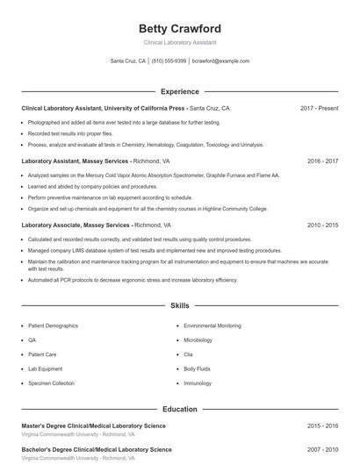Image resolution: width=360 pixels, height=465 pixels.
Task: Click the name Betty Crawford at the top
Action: (179, 29)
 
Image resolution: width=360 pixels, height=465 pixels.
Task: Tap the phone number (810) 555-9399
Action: (169, 61)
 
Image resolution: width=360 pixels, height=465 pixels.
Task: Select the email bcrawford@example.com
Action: (220, 61)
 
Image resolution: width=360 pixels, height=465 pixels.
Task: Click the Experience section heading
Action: (179, 91)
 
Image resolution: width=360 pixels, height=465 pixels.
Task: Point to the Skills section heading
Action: (179, 306)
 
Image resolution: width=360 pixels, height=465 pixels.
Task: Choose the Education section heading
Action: (179, 409)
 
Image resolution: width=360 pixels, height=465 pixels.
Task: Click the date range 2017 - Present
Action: (319, 108)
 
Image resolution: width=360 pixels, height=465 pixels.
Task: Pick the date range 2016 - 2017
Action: (322, 161)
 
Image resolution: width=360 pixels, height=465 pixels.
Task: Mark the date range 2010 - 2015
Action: (322, 225)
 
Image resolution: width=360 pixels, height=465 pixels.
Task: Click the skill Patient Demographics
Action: (54, 325)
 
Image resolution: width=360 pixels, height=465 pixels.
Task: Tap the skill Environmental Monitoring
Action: (212, 325)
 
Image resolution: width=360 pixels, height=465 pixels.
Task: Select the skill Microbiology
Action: (198, 340)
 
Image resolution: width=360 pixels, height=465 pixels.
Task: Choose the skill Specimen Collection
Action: (51, 383)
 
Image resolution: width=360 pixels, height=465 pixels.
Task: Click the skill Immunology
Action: (198, 383)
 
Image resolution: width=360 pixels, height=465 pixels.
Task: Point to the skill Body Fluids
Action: (197, 369)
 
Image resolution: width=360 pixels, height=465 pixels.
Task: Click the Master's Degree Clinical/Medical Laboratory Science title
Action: (93, 426)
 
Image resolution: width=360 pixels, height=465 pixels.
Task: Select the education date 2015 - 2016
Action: (322, 426)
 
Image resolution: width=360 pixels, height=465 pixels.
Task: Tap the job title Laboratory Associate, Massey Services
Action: (76, 225)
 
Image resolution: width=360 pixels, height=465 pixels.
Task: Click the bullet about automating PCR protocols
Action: (132, 280)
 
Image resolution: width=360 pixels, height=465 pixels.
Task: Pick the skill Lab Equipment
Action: (46, 369)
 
